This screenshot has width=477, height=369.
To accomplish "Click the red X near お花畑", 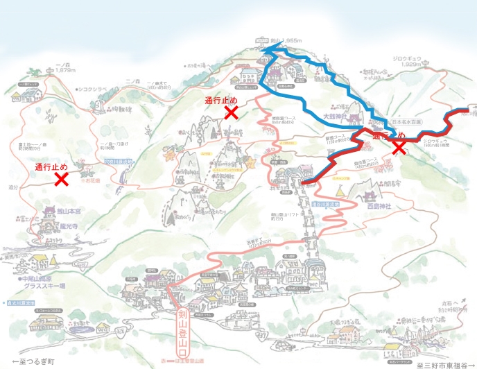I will [61, 180].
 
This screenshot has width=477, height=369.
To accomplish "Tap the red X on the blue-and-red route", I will [399, 146].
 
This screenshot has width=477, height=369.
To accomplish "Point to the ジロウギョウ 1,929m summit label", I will [407, 62].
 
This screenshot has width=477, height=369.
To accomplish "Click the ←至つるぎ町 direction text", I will [34, 363].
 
